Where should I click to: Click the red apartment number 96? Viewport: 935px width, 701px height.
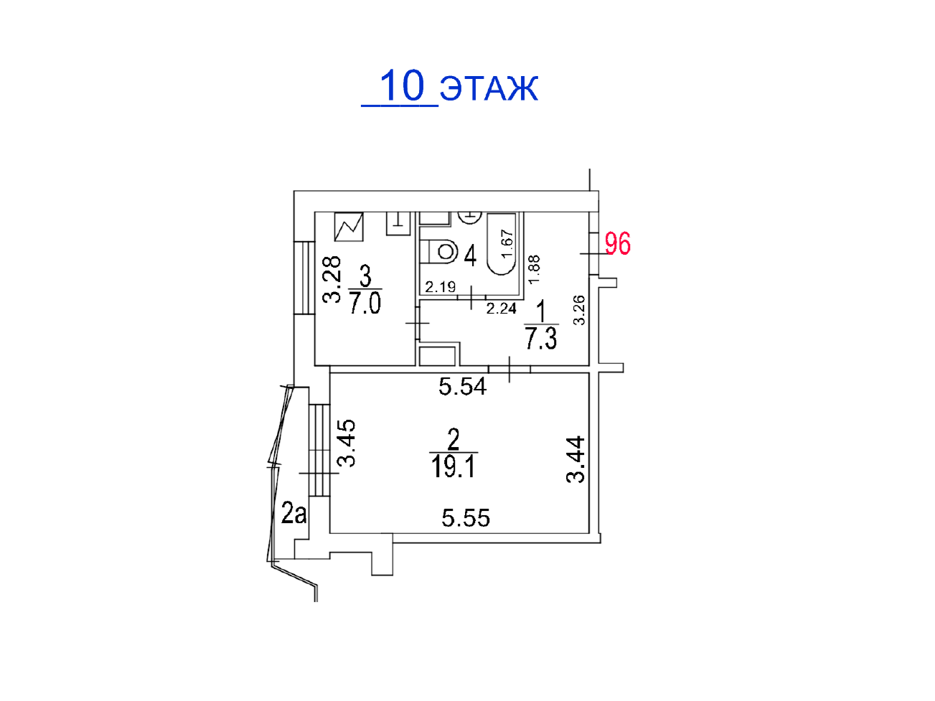click(x=617, y=243)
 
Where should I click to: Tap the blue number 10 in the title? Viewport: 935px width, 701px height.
click(x=402, y=85)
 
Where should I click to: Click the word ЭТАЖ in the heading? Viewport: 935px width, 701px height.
click(x=489, y=88)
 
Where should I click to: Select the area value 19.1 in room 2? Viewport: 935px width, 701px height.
click(x=453, y=466)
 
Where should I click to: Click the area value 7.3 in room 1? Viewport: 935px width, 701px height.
click(x=540, y=338)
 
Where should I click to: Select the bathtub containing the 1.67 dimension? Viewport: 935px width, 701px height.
click(x=502, y=244)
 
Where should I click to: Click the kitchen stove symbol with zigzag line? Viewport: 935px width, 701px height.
click(x=349, y=227)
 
